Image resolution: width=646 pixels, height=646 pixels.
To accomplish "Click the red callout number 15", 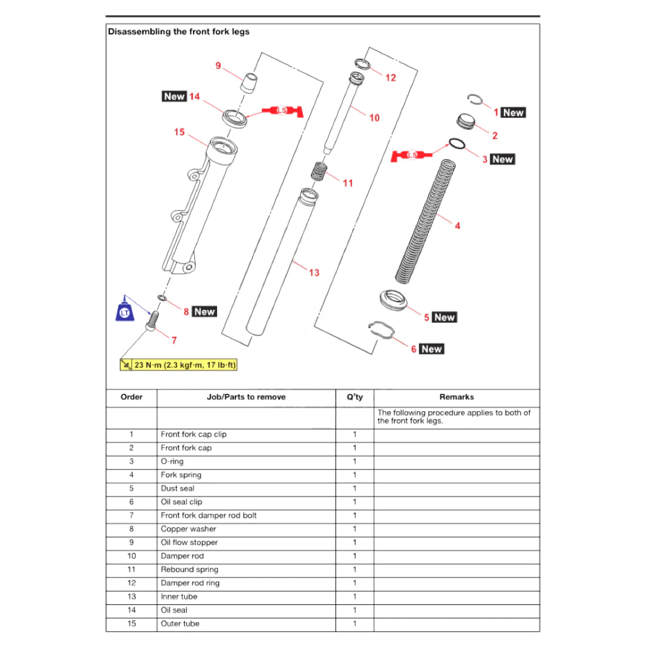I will point(179,132).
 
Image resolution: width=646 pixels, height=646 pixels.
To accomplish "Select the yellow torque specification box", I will point(179,365).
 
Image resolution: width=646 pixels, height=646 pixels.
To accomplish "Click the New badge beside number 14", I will point(173,97).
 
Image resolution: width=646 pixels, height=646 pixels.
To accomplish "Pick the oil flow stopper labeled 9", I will point(250,83).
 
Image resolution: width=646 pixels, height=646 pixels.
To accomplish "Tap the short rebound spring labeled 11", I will point(319,171).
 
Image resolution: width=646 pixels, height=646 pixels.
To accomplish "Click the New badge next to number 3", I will point(503,159).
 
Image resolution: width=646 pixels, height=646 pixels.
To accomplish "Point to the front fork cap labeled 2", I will point(466,121).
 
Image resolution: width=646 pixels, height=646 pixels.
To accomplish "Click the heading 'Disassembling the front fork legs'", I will point(179,32).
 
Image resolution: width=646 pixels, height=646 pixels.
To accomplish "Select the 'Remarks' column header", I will point(456,397).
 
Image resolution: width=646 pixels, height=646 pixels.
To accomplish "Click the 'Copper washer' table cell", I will point(189,529).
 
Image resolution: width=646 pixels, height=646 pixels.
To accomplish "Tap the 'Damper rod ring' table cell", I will point(190,583).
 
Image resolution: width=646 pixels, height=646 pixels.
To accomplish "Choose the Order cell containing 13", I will point(131,596).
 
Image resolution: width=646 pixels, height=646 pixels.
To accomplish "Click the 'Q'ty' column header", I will point(355,397).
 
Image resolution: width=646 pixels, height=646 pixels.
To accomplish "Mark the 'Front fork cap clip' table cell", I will point(194,434).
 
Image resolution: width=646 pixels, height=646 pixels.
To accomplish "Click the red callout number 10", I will point(374,117).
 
